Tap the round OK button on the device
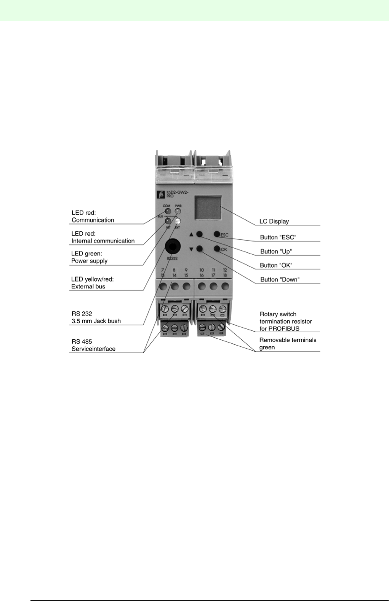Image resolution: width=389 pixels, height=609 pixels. pos(217,249)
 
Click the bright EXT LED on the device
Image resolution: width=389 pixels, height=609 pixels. pos(178,221)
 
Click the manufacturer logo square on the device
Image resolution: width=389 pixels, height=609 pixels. pos(161,194)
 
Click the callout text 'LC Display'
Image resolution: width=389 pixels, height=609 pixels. pos(274,221)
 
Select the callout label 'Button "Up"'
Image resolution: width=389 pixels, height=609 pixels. pos(276,251)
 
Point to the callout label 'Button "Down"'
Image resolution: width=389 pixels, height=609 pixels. pos(280,279)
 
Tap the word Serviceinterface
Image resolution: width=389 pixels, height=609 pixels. pos(93,349)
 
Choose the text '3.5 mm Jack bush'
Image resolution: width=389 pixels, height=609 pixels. pos(96,321)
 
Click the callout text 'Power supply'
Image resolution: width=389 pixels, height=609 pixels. pos(89,261)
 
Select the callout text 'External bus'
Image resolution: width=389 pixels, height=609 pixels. pos(88,286)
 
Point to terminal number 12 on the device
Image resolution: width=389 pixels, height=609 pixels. pos(225,270)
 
